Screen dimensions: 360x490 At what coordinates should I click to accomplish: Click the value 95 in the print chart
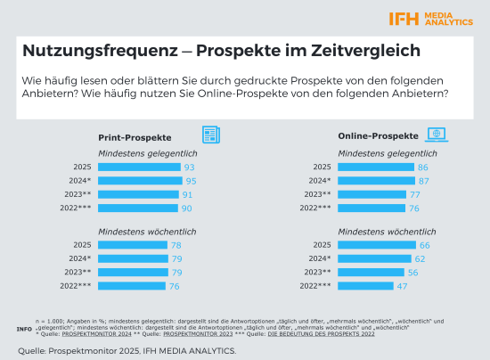[189, 180]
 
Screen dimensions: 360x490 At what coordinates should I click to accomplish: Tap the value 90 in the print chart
[188, 207]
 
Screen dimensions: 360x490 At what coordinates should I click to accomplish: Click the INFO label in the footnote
[25, 328]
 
